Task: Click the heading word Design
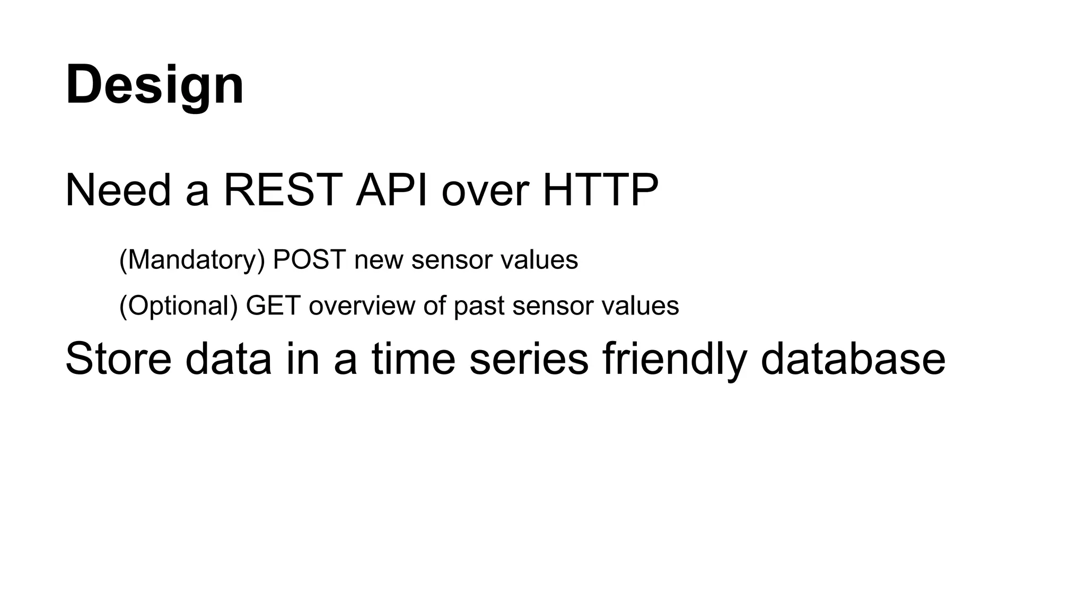[x=154, y=85]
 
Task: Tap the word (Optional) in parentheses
[x=178, y=305]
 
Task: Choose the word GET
[x=273, y=305]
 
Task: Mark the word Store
[x=118, y=359]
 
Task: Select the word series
[x=529, y=359]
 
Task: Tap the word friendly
[x=675, y=359]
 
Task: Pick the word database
[x=853, y=359]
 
